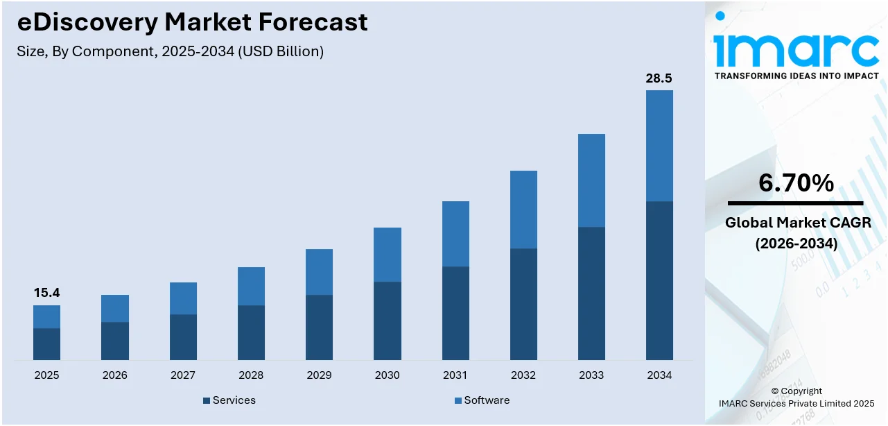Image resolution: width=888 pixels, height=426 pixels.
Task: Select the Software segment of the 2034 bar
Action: click(x=659, y=146)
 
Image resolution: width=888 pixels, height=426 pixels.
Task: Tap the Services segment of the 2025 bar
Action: click(x=46, y=343)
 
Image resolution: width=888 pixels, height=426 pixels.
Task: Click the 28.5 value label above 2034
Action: click(x=659, y=78)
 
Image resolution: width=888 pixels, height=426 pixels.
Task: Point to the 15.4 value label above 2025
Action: click(x=46, y=293)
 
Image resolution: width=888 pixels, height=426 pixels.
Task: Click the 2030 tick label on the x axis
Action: click(x=387, y=375)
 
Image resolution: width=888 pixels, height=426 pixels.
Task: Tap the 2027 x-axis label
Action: click(x=183, y=375)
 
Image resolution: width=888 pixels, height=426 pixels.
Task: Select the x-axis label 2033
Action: click(x=591, y=375)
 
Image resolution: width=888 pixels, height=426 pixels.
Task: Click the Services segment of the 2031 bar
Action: click(x=455, y=313)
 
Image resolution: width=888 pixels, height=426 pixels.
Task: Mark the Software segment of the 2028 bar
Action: click(x=251, y=286)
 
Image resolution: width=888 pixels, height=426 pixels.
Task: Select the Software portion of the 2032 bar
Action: click(x=523, y=210)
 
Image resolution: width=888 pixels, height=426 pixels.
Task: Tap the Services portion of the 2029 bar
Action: click(x=319, y=327)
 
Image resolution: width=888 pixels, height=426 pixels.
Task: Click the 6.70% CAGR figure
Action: click(x=796, y=183)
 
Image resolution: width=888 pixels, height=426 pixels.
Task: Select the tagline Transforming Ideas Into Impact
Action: click(x=796, y=76)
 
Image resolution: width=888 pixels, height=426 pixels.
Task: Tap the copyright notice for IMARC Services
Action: click(x=796, y=398)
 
